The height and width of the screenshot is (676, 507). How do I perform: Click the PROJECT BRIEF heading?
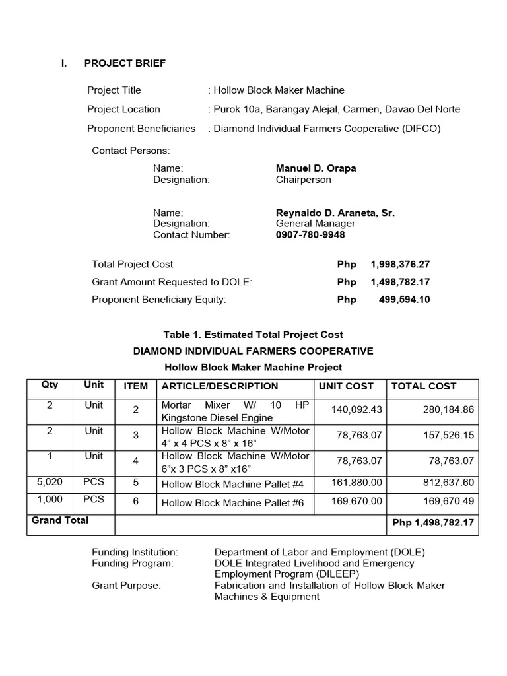point(125,63)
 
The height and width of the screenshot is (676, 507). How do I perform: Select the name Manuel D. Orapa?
point(316,168)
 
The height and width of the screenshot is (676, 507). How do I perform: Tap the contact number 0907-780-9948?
point(310,235)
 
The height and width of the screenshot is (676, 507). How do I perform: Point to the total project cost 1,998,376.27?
point(400,264)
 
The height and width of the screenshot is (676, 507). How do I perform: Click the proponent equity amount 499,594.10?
point(404,300)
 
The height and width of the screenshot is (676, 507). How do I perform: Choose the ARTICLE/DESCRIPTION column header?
point(220,386)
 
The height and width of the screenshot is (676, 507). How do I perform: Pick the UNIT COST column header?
point(346,386)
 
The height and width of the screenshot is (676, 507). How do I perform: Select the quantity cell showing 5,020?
point(50,481)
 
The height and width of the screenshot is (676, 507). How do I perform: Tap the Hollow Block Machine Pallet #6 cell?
point(232,503)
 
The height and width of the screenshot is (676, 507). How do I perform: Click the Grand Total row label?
point(60,520)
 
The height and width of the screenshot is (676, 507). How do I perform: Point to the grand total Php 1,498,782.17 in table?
point(433,523)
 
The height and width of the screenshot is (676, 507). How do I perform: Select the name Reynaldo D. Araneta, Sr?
point(335,213)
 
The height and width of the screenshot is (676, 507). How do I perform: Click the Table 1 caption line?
point(253,335)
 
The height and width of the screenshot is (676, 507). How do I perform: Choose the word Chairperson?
point(303,180)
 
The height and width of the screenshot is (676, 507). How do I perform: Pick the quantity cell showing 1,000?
point(50,499)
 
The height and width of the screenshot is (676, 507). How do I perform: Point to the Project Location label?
point(123,109)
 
